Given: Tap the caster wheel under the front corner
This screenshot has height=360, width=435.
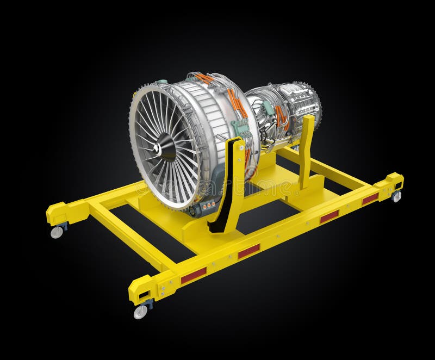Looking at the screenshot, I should [x=140, y=312].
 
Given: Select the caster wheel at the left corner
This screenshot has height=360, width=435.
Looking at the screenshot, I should [x=57, y=232].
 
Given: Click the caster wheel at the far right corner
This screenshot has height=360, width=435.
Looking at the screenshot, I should [x=396, y=197].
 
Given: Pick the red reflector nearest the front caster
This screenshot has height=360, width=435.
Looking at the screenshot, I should [x=194, y=276].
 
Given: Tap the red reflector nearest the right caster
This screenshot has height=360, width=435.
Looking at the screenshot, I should [x=370, y=199].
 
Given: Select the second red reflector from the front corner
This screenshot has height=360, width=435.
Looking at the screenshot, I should [x=249, y=251].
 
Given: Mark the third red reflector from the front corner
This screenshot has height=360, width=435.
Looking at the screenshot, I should [x=329, y=216].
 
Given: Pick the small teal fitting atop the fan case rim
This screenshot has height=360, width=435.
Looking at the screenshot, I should [x=161, y=82].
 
